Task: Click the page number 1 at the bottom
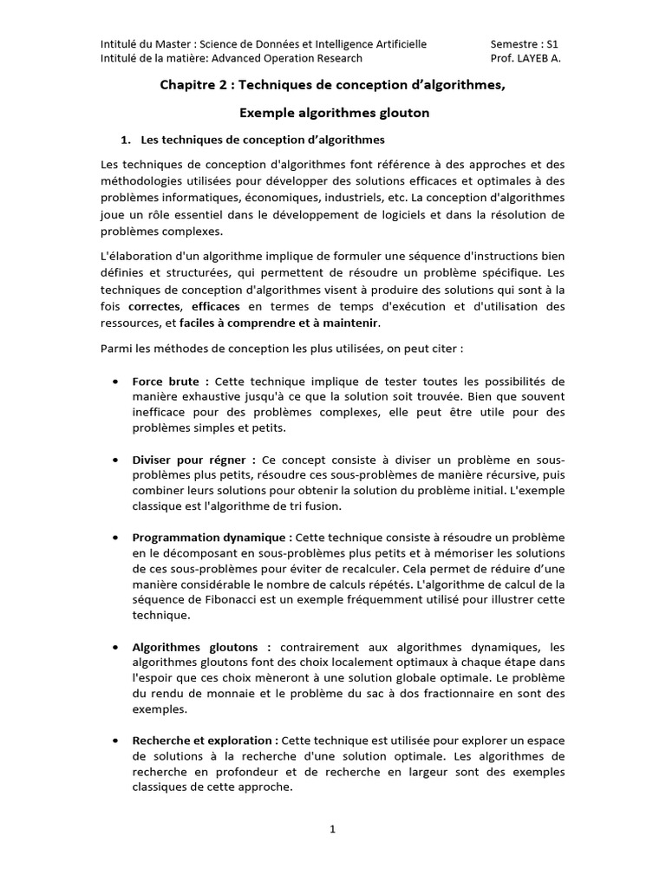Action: (332, 829)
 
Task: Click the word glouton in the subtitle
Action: (399, 113)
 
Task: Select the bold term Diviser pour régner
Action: (193, 459)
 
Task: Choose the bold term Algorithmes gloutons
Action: (201, 646)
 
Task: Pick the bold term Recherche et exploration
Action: (205, 740)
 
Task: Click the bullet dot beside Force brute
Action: (115, 382)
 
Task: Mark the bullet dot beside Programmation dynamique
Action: (115, 537)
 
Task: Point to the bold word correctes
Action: (154, 306)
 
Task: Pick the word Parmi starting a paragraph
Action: (117, 349)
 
